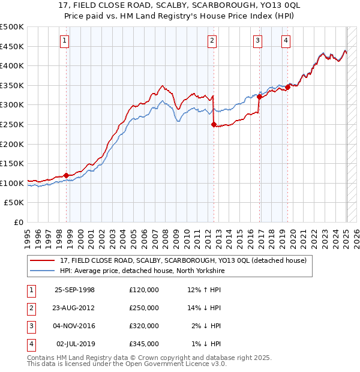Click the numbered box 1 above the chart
(64, 41)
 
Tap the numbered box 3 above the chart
(257, 41)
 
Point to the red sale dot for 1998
(66, 175)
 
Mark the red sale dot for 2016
(259, 97)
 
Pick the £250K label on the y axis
(12, 124)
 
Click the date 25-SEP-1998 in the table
(74, 290)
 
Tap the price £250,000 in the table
(144, 308)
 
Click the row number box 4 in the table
(30, 344)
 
